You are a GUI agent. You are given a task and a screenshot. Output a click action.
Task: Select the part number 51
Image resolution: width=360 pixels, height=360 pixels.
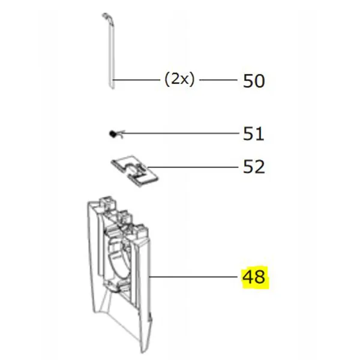point(253,133)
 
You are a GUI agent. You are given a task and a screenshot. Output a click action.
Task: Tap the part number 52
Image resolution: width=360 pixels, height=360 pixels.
point(253,166)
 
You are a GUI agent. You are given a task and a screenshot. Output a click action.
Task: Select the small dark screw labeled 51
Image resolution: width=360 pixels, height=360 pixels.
point(112,134)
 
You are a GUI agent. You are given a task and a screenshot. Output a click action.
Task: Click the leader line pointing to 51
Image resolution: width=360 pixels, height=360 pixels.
point(180,133)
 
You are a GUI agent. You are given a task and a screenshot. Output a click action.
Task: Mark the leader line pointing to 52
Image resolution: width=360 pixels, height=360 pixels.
point(192,166)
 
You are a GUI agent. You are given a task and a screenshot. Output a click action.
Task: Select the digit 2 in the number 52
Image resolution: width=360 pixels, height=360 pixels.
point(259,166)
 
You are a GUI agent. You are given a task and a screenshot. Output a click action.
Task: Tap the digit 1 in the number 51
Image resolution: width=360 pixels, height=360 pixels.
point(259,133)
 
